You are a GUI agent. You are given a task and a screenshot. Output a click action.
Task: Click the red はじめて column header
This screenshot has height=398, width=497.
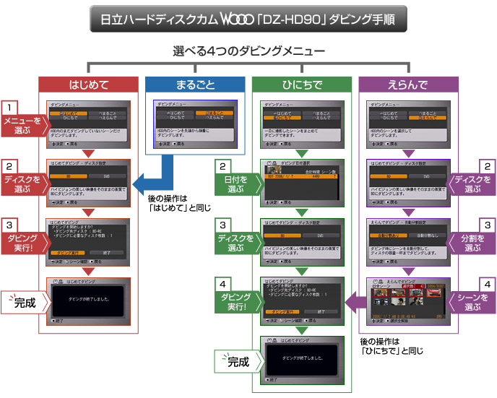point(87,85)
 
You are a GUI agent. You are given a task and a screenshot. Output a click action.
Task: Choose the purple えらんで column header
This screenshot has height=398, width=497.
point(408,85)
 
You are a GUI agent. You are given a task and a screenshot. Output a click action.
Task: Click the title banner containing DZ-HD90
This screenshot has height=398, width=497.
point(248,18)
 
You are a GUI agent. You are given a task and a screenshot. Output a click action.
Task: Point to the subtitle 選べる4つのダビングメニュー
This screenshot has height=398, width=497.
point(248,52)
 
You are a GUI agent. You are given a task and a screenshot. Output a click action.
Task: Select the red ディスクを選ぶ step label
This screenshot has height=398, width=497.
point(21,181)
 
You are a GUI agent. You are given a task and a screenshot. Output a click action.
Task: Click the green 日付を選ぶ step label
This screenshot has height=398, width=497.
point(235,181)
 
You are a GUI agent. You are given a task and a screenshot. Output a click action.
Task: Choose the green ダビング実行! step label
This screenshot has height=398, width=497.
point(235,300)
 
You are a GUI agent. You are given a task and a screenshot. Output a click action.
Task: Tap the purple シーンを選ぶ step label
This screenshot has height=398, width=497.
point(473,299)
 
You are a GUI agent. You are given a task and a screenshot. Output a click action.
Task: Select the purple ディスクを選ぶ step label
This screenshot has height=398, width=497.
point(473,181)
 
